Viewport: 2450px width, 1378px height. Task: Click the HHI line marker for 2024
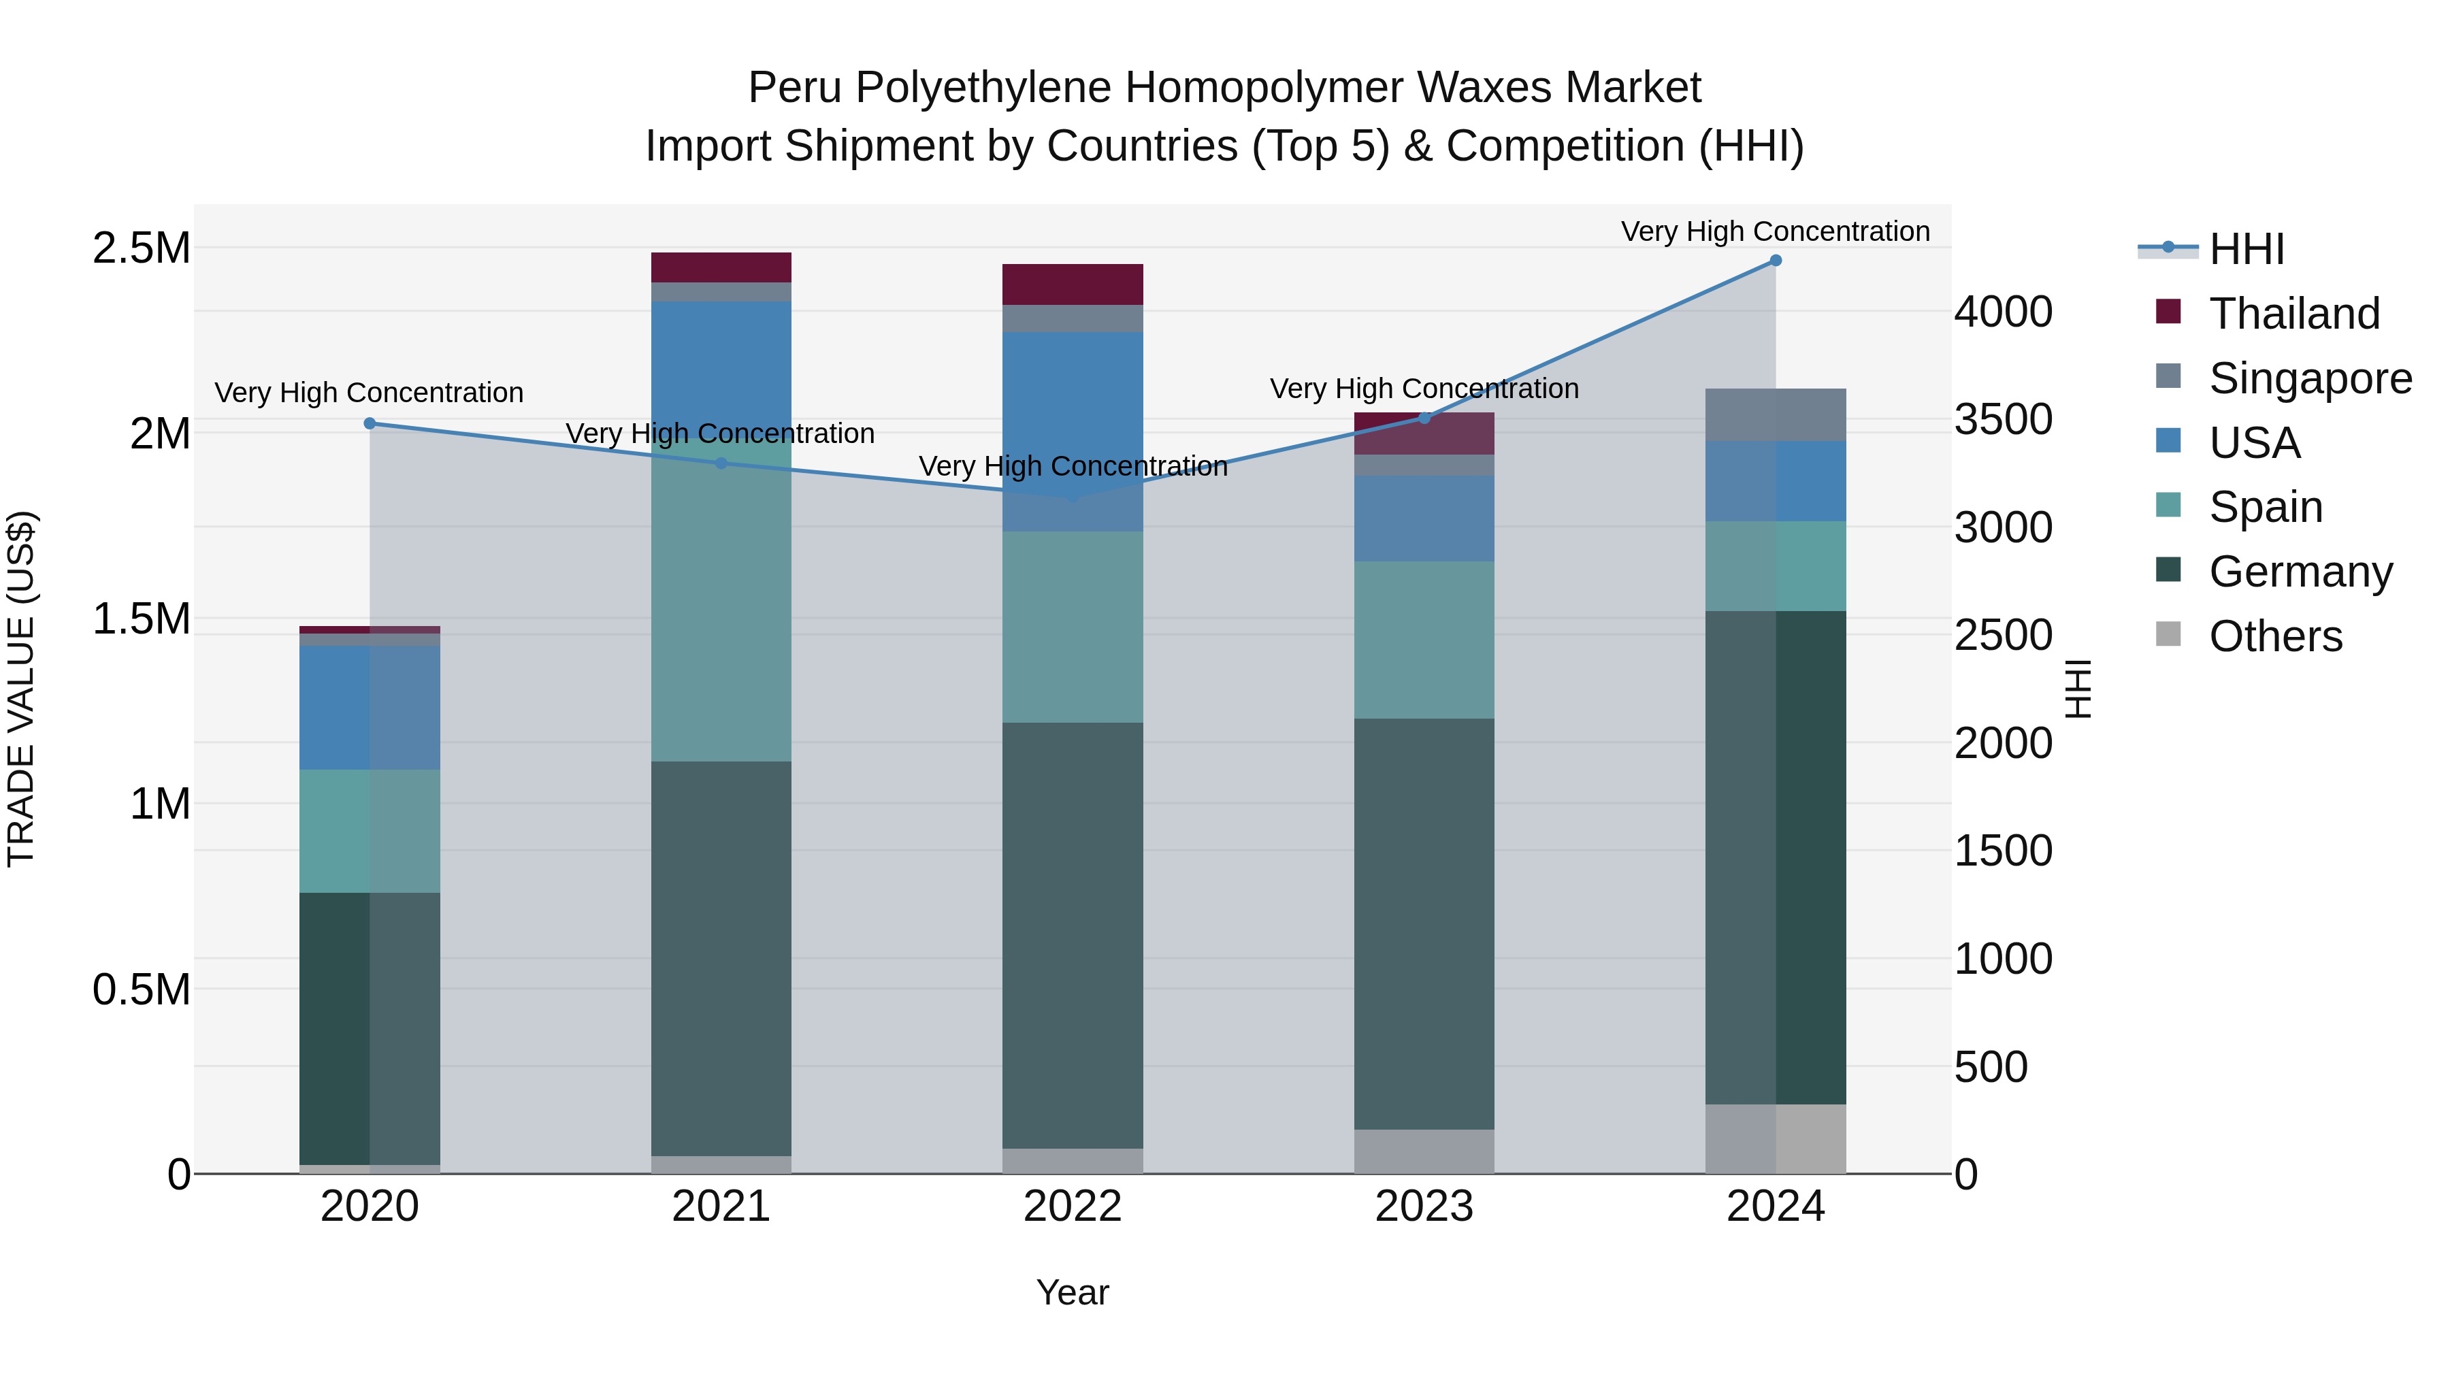1775,261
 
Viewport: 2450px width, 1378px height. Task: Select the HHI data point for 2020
370,423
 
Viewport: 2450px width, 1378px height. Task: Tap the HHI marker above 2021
721,463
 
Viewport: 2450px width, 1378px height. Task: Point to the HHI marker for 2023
1424,419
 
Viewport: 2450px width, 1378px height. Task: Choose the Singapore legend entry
2309,378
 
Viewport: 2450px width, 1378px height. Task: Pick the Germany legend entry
2300,572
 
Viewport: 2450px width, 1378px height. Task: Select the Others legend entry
2275,636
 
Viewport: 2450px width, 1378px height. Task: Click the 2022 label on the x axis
1072,1207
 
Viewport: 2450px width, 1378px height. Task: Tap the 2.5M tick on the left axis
142,248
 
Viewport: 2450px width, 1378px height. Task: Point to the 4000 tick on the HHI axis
2003,312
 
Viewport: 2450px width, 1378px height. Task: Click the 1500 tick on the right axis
2003,851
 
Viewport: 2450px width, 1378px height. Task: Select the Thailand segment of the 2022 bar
1072,284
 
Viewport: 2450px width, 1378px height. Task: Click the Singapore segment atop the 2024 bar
1775,414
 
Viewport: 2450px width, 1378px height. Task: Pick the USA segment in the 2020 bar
370,708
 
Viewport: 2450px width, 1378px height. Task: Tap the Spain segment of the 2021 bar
721,599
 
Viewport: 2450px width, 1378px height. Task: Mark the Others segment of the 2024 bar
1775,1138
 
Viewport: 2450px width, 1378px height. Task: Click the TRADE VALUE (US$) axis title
22,689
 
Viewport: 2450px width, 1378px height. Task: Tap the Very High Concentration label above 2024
1775,231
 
